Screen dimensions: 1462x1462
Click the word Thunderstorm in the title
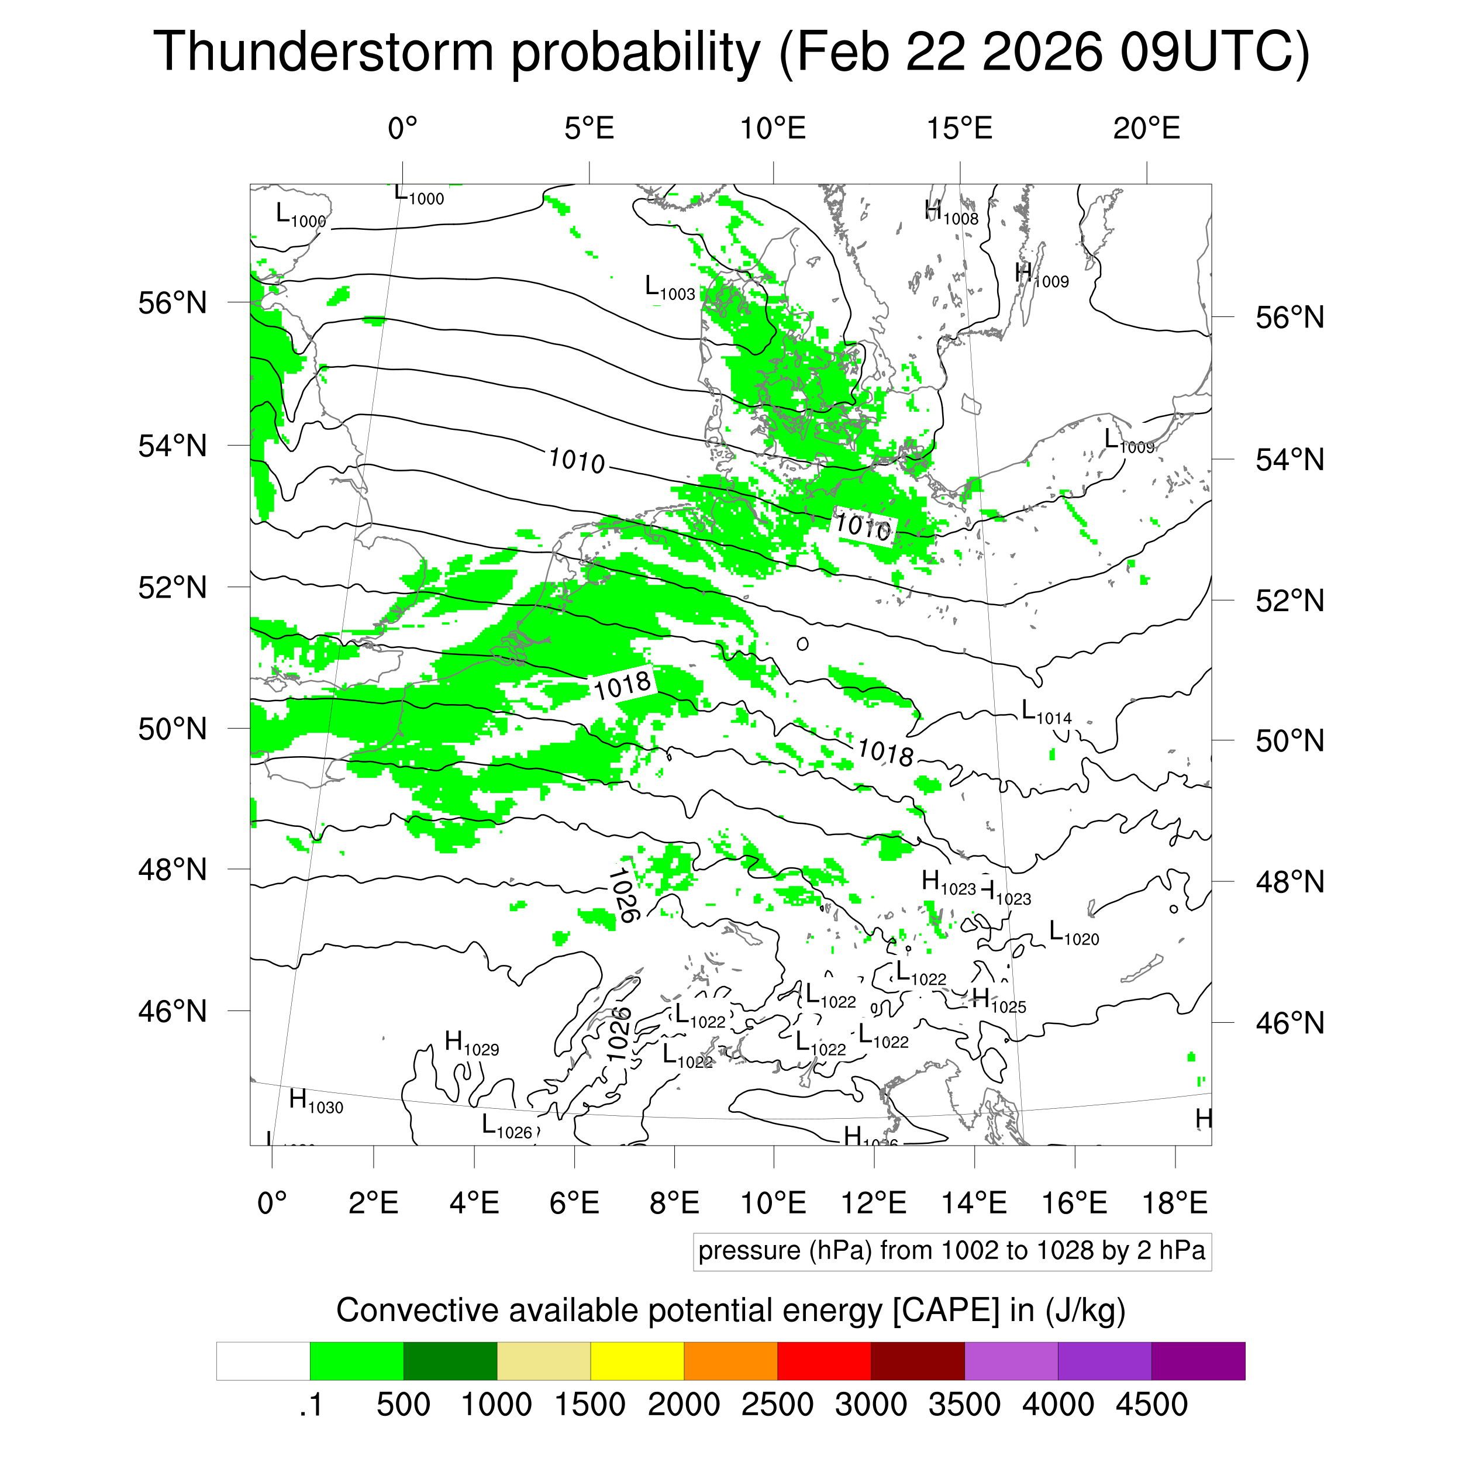[323, 51]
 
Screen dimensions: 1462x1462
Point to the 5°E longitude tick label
[589, 129]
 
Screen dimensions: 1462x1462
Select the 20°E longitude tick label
[1146, 129]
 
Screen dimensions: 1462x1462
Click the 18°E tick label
[1174, 1202]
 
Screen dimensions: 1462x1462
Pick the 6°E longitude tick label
[574, 1202]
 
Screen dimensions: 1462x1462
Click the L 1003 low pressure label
[669, 288]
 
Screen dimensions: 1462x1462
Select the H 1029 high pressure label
[471, 1043]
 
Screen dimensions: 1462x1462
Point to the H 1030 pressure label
[316, 1101]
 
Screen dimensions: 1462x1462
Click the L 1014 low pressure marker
[1046, 712]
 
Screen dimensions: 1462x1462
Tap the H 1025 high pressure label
[999, 1001]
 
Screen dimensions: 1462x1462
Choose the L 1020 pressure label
[1074, 934]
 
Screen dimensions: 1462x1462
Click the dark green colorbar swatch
[450, 1361]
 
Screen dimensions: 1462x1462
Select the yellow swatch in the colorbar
[637, 1361]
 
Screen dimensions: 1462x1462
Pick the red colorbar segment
[824, 1361]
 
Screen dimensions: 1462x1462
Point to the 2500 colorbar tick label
[777, 1405]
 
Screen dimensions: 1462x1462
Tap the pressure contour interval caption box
[952, 1251]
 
